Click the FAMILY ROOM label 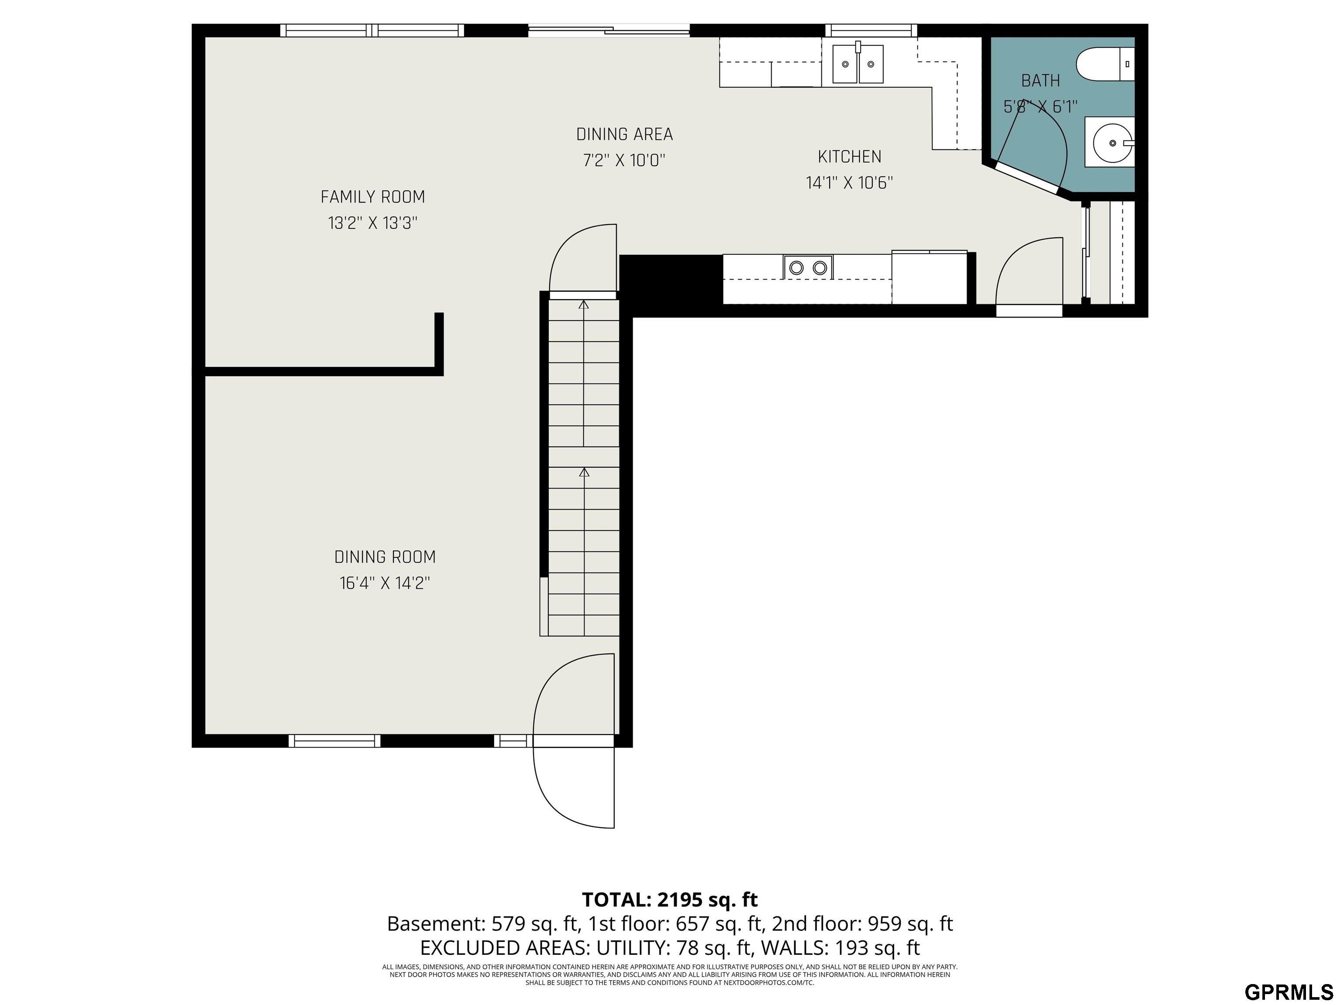click(x=373, y=197)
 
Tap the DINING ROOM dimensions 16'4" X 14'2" click(x=385, y=583)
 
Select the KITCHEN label click(x=849, y=157)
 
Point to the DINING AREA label click(x=624, y=134)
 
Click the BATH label click(x=1040, y=81)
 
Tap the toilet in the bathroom click(x=1103, y=64)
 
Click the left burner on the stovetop click(x=796, y=267)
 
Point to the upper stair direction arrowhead click(x=583, y=305)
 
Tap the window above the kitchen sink click(x=871, y=30)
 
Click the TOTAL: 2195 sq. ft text click(x=670, y=899)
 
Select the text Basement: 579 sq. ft click(x=482, y=924)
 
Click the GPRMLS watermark click(x=1289, y=992)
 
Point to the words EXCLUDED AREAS click(x=505, y=947)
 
